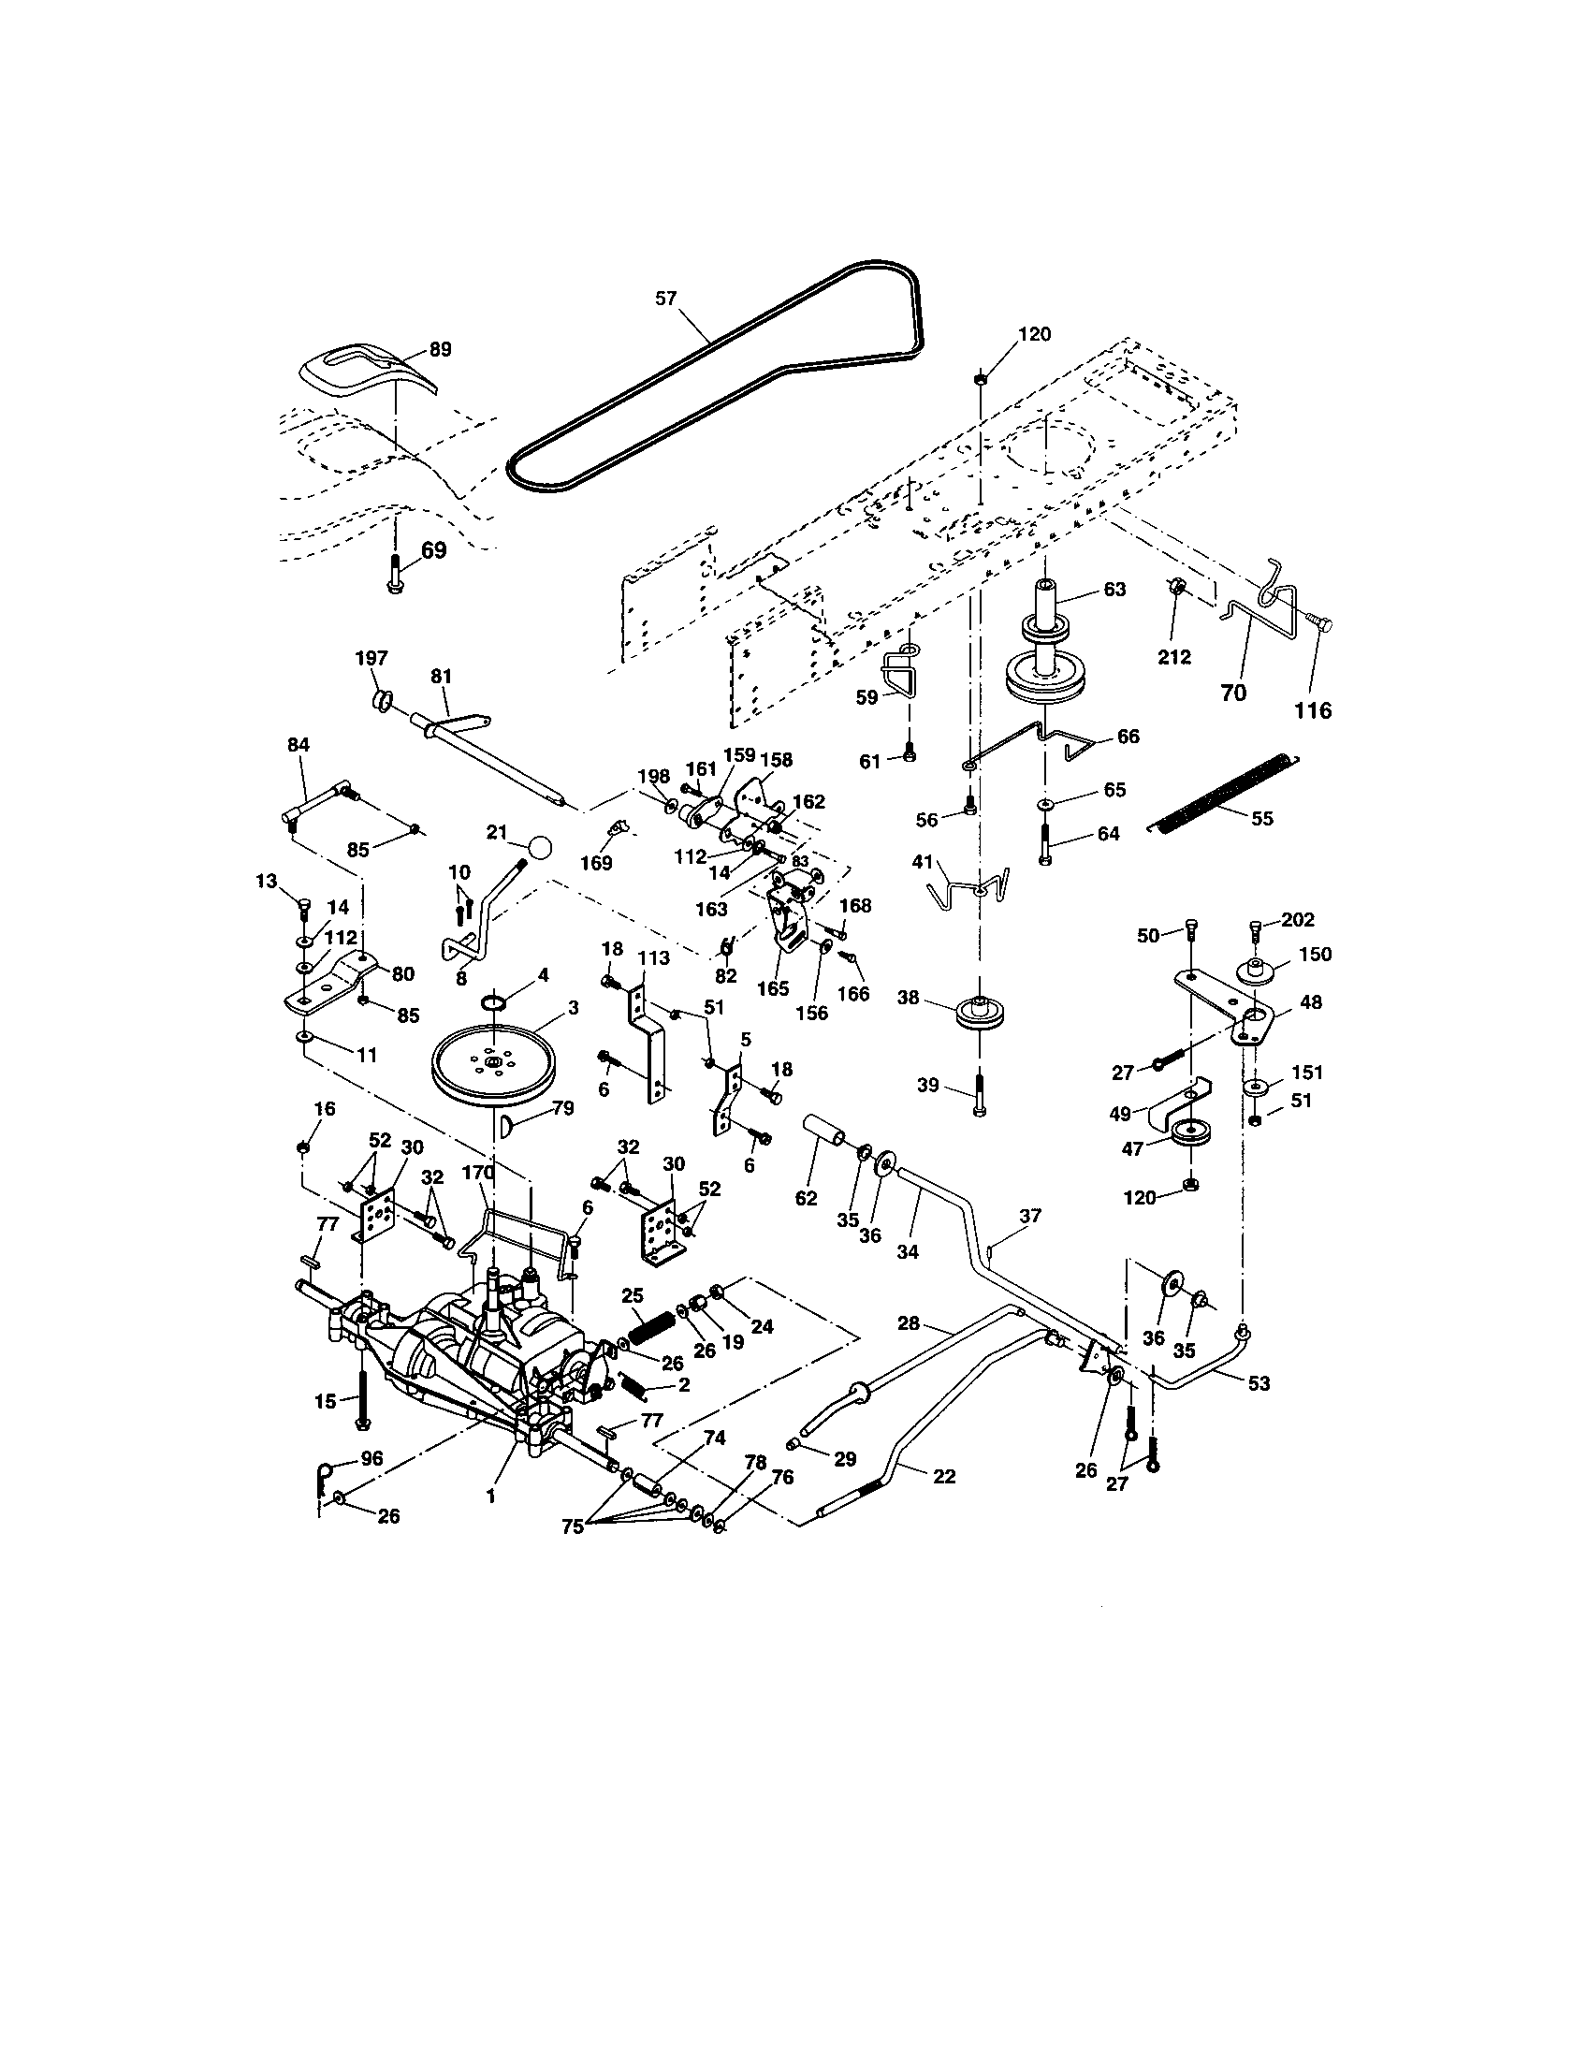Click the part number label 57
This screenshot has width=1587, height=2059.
tap(666, 298)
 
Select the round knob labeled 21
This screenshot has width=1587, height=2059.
tap(539, 847)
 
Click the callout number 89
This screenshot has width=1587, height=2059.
tap(440, 349)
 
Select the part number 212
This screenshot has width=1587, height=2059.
tap(1174, 657)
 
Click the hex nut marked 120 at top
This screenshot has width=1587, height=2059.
tap(980, 378)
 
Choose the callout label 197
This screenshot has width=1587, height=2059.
tap(371, 657)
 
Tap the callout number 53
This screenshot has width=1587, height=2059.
tap(1259, 1383)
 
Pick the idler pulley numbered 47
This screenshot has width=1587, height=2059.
tap(1191, 1131)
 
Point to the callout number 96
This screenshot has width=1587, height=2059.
tap(372, 1458)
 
